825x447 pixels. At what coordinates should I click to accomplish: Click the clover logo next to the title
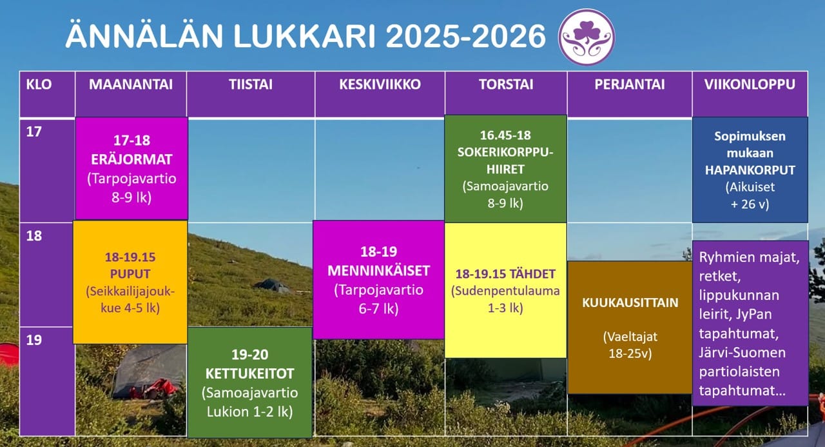point(587,37)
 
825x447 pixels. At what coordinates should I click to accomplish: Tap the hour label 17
point(34,132)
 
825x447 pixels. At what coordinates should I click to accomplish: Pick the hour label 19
point(34,340)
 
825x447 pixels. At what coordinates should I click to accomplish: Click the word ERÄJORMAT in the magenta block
point(131,159)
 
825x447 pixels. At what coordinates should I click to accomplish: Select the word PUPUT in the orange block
point(130,273)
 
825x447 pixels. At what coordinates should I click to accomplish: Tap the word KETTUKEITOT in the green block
point(249,373)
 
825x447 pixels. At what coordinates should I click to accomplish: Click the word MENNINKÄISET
point(378,271)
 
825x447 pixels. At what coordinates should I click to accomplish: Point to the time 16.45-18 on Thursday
point(505,135)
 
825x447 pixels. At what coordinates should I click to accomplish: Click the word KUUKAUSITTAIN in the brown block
point(630,303)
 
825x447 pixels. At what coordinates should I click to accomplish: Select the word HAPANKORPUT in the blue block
point(750,170)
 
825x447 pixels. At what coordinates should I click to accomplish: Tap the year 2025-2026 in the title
point(465,36)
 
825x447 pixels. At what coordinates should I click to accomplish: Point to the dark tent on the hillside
point(272,285)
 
